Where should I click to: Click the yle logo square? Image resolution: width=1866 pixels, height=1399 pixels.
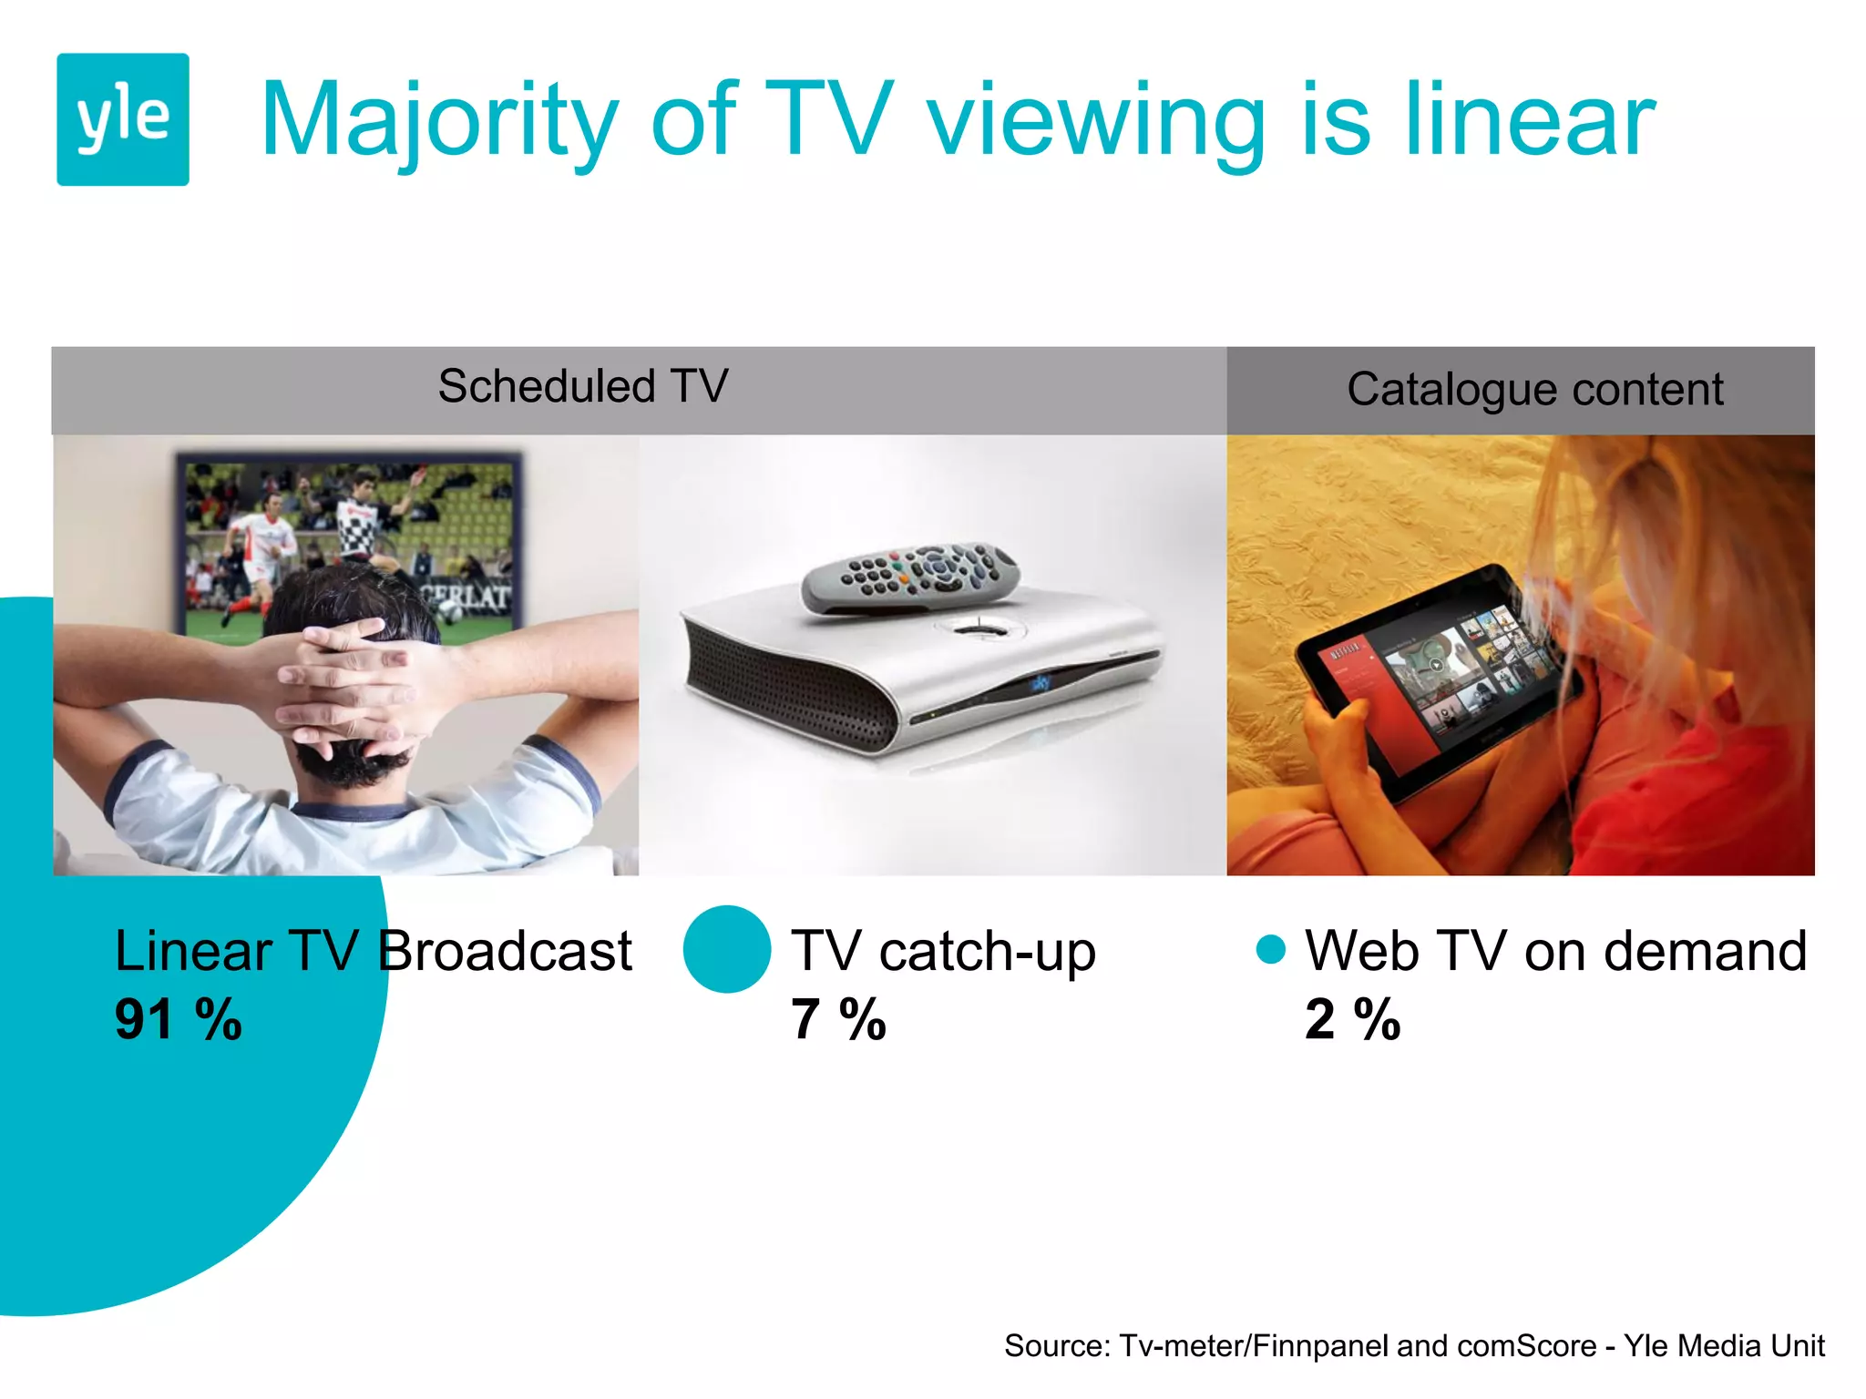click(x=123, y=119)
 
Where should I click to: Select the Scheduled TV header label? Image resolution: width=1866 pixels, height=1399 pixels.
click(x=583, y=386)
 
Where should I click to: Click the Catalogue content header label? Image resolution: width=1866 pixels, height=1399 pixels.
click(x=1534, y=390)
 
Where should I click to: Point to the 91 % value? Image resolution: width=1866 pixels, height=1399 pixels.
click(x=179, y=1019)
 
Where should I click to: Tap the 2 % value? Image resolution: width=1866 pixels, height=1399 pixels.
click(x=1352, y=1019)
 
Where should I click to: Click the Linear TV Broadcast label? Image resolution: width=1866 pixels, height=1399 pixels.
click(x=374, y=952)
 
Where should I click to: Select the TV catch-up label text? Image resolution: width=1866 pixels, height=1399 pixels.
click(x=943, y=952)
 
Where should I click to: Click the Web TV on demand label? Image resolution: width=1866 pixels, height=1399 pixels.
click(x=1555, y=952)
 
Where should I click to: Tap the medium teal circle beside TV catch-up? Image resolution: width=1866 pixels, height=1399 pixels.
click(x=727, y=949)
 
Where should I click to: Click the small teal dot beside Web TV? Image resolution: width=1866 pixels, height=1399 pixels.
click(x=1270, y=949)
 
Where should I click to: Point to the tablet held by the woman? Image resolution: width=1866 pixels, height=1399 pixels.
click(x=1440, y=674)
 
